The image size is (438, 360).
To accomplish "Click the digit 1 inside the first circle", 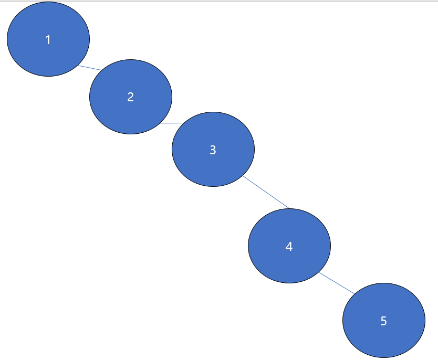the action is [48, 40].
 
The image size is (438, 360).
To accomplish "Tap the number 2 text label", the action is [131, 97].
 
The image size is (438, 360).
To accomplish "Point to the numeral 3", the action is [213, 150].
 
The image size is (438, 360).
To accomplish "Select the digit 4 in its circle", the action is [289, 246].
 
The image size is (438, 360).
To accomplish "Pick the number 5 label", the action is [383, 321].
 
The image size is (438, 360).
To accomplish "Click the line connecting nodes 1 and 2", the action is [90, 68].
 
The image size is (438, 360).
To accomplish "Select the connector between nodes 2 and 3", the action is [172, 123].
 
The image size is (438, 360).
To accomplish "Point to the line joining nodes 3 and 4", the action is [266, 192].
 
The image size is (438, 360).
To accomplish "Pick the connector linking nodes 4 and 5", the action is [337, 283].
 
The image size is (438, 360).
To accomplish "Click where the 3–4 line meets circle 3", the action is [243, 176].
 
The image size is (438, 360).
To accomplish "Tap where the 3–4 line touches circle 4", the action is [289, 209].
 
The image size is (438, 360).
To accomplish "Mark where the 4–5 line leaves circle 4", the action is [319, 272].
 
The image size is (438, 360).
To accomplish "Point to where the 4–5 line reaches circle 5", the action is [354, 293].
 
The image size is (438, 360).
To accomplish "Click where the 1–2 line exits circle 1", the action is [78, 66].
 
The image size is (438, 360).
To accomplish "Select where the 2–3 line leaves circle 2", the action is [161, 123].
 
